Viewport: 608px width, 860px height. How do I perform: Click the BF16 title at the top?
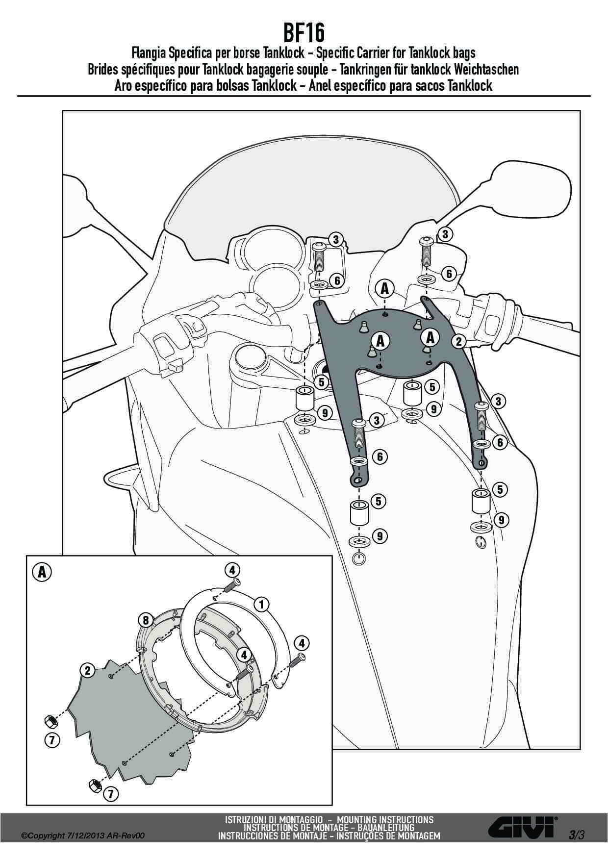click(x=304, y=34)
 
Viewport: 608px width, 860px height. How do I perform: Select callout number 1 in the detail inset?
click(x=262, y=604)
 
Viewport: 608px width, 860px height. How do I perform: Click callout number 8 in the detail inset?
click(x=146, y=620)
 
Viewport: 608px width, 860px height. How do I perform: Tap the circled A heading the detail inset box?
click(x=42, y=572)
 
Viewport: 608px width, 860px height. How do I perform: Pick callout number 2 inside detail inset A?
click(x=87, y=670)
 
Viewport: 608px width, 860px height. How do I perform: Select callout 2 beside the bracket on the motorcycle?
click(x=459, y=341)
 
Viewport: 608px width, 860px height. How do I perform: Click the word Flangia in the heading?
click(x=150, y=53)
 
